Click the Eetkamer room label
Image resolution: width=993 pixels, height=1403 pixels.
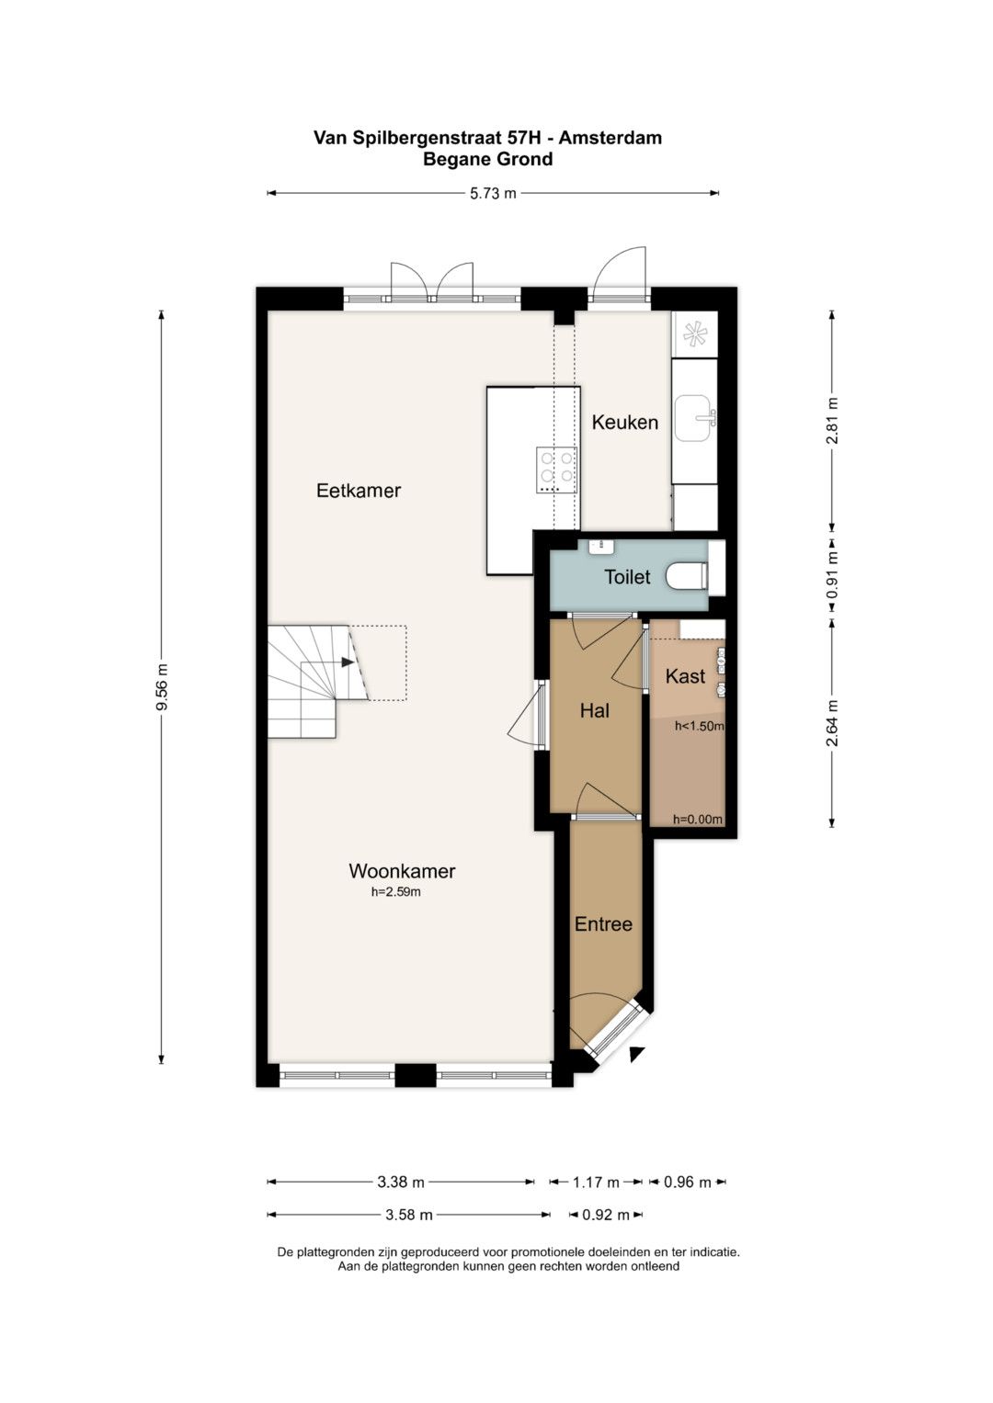click(x=358, y=491)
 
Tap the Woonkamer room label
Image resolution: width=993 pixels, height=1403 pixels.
click(x=402, y=871)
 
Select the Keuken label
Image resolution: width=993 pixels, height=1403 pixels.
click(x=624, y=422)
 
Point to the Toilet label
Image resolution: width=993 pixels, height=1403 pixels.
click(x=627, y=577)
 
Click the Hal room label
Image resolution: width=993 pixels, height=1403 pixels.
click(x=594, y=710)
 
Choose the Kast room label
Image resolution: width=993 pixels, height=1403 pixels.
click(x=685, y=676)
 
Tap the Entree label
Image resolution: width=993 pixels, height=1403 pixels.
click(x=603, y=924)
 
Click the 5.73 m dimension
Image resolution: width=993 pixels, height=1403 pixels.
click(x=494, y=194)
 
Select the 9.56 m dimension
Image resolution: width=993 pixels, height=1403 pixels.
click(x=162, y=686)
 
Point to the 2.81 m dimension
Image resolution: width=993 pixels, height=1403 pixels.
click(x=832, y=420)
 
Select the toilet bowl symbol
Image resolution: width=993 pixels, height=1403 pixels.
click(x=686, y=576)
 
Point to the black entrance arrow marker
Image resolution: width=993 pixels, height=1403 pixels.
click(x=636, y=1054)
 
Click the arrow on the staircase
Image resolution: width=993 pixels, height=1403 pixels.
click(x=348, y=662)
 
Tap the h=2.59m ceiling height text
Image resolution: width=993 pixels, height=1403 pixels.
click(x=395, y=892)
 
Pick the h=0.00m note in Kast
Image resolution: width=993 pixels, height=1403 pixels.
click(x=698, y=820)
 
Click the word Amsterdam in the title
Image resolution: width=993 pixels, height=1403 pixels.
click(x=610, y=138)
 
